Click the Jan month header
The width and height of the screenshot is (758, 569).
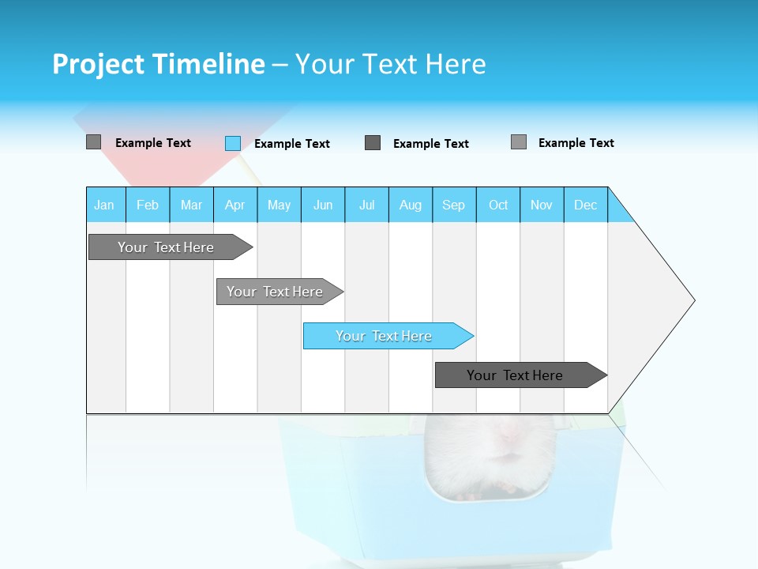click(x=105, y=205)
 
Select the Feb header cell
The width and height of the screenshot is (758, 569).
click(x=148, y=205)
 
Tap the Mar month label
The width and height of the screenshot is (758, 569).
click(x=191, y=205)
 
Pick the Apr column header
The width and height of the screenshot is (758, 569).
click(x=235, y=205)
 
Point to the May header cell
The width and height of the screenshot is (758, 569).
click(x=279, y=205)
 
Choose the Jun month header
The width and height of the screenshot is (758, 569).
click(x=323, y=205)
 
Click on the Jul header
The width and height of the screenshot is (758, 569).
click(x=366, y=205)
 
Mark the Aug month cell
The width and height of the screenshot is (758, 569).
click(x=411, y=205)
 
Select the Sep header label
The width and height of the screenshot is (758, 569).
click(x=454, y=205)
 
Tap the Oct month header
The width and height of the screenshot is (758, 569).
click(x=498, y=205)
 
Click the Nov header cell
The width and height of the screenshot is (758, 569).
click(x=542, y=205)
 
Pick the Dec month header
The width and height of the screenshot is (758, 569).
click(x=586, y=205)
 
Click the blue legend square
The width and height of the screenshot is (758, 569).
click(x=233, y=143)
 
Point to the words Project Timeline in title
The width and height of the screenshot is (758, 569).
click(x=159, y=64)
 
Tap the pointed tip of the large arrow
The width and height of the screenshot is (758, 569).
click(x=692, y=300)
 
